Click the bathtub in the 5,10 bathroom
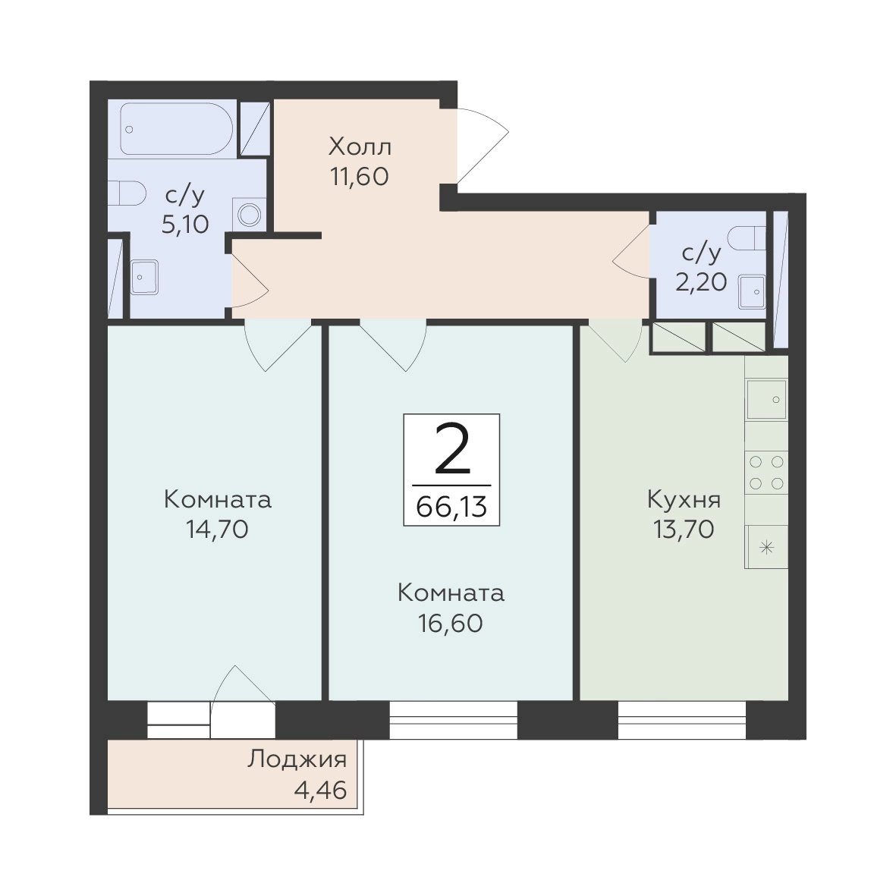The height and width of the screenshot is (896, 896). click(176, 128)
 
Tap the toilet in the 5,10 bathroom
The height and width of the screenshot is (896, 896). click(127, 193)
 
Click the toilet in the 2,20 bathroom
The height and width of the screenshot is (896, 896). click(748, 237)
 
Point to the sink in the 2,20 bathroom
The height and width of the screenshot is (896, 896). click(752, 291)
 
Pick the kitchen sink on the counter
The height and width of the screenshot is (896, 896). click(766, 399)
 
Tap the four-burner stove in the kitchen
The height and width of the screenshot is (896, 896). click(766, 473)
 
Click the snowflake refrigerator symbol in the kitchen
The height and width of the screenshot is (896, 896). click(766, 548)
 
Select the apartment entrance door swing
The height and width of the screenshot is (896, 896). click(483, 146)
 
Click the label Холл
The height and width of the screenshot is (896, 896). click(360, 147)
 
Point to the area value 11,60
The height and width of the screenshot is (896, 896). click(360, 177)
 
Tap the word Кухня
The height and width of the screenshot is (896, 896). click(684, 500)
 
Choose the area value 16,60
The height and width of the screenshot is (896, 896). click(451, 623)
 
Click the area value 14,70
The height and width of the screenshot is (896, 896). click(217, 530)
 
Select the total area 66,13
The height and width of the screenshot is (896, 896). click(451, 506)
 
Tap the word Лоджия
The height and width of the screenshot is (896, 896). click(297, 760)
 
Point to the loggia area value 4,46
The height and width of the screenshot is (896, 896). click(320, 791)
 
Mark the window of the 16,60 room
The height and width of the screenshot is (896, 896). click(454, 719)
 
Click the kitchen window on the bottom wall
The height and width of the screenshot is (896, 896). click(682, 719)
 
